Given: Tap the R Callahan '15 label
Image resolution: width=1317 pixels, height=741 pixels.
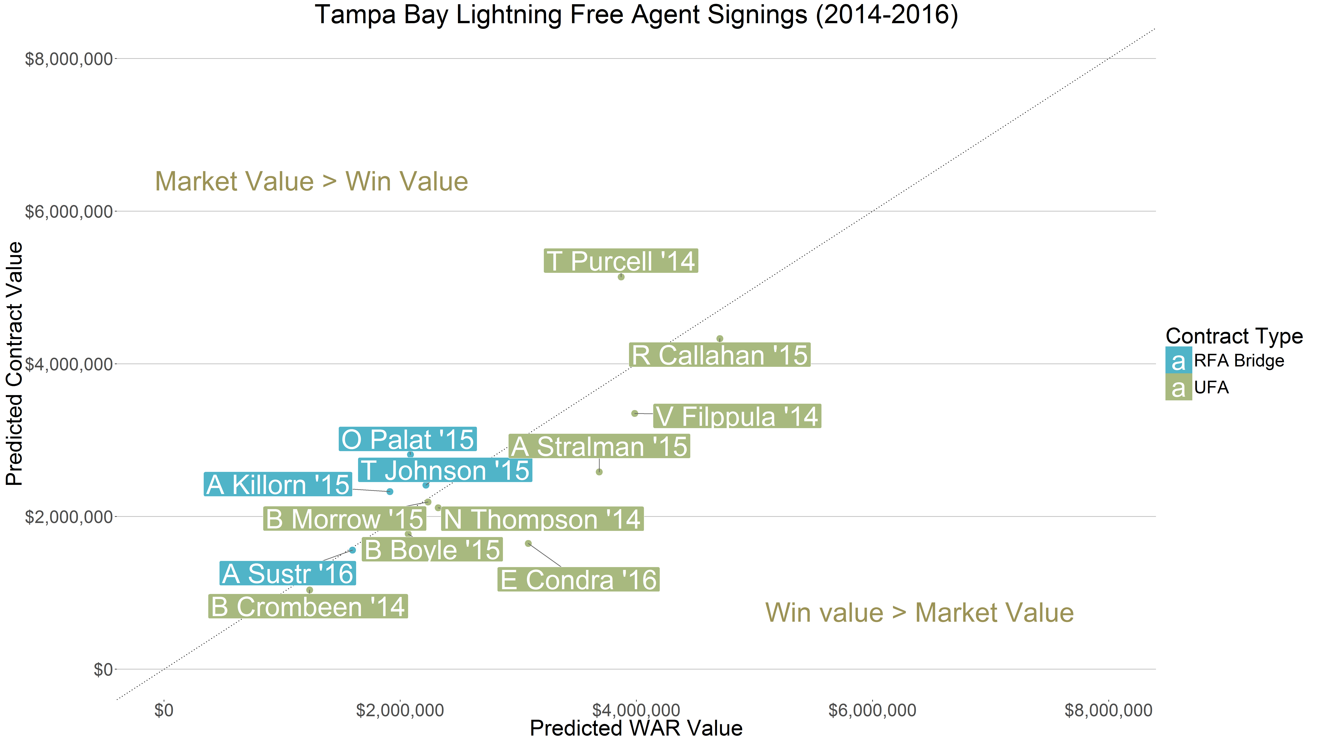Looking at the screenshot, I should point(719,355).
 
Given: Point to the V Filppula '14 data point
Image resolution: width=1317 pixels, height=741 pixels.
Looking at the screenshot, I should point(634,413).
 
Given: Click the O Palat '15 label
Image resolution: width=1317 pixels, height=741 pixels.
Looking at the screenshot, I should point(407,439).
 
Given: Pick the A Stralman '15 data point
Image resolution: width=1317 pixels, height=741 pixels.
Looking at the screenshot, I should point(599,472).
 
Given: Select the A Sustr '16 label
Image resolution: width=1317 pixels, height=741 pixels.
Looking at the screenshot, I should point(287,573).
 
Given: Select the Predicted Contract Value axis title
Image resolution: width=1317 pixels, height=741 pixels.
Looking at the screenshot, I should point(14,364).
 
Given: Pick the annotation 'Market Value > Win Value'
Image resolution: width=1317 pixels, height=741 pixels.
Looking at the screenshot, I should point(311,181).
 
